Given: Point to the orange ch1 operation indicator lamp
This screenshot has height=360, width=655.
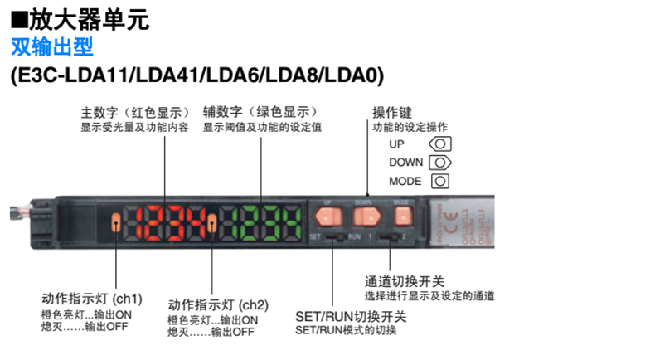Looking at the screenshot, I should [117, 221].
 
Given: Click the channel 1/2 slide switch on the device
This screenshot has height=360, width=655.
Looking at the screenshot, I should [387, 239].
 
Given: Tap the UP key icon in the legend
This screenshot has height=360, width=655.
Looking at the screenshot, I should [439, 144].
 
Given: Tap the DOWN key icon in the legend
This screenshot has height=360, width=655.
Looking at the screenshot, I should [439, 163].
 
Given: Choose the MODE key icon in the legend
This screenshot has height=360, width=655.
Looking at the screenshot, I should [439, 181].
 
